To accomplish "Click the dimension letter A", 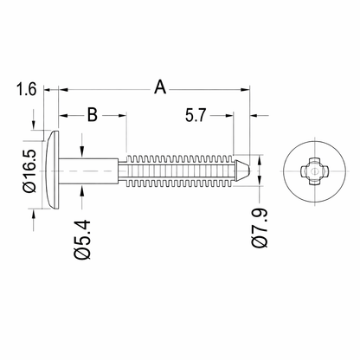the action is coord(160,87).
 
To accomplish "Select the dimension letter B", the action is coord(93,114).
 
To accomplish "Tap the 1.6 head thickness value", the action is coord(26,89).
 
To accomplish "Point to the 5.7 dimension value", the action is coord(196,115).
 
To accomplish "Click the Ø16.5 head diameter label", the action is coord(29,170).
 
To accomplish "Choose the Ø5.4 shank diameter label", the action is coord(83,240).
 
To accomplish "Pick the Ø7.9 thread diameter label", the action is coord(260,228).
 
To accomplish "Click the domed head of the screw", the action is coord(53,170).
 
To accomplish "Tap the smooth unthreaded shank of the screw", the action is coord(89,170).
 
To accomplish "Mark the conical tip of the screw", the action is coord(242,170).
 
